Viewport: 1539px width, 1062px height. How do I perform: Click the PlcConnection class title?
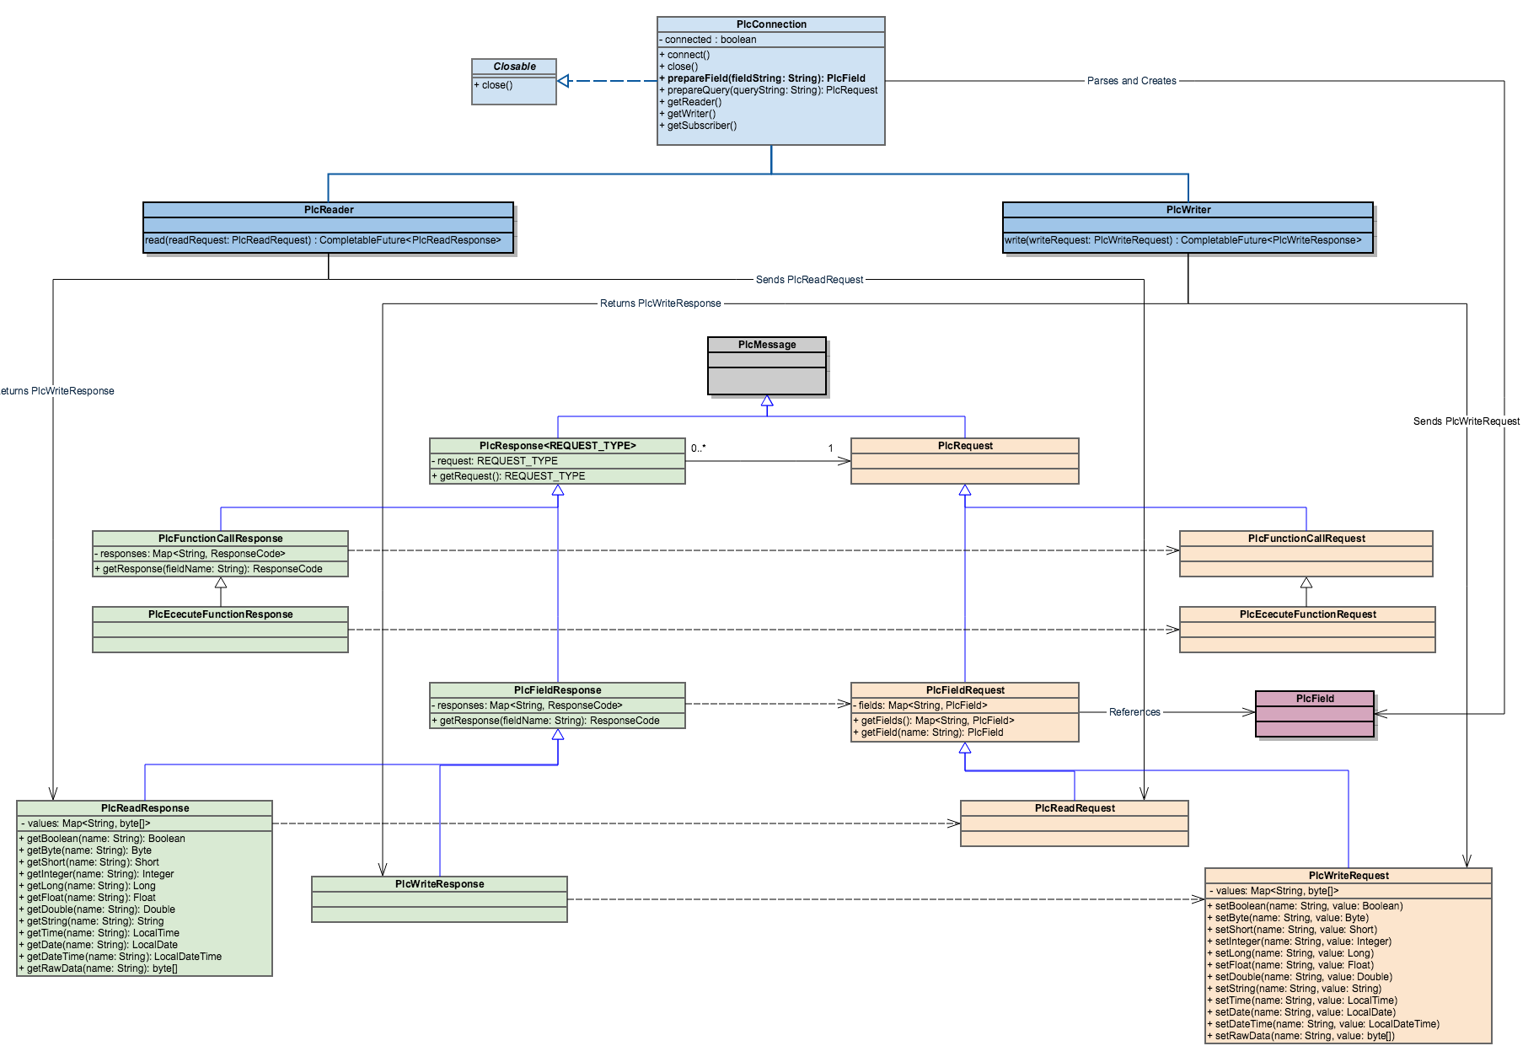point(771,24)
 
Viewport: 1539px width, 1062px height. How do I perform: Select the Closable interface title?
point(514,67)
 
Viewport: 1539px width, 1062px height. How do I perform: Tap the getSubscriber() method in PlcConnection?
point(698,126)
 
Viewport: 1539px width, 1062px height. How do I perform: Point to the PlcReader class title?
point(329,210)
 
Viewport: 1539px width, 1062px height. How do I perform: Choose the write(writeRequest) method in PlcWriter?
point(1182,240)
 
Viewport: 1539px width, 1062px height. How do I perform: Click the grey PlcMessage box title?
point(767,345)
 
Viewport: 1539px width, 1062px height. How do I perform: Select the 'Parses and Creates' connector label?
point(1132,81)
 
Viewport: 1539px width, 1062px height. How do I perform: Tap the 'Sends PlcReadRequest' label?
point(809,280)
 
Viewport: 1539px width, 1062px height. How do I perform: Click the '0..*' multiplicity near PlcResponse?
point(699,448)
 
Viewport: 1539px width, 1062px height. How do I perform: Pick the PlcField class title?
point(1315,699)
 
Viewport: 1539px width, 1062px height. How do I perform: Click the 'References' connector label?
point(1134,712)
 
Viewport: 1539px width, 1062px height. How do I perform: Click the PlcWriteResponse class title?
point(440,884)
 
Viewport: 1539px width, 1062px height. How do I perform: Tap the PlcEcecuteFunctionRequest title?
point(1308,614)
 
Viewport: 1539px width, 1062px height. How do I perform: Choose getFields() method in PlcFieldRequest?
point(933,721)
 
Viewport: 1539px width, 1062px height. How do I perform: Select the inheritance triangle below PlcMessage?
point(767,401)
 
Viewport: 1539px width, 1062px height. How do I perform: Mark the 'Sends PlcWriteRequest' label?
point(1467,421)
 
